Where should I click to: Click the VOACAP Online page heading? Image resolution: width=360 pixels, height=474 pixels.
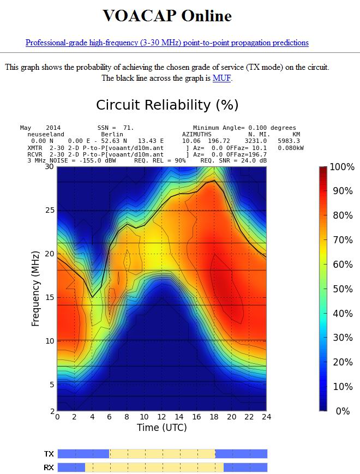(167, 16)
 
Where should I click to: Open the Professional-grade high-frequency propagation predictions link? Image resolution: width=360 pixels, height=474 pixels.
(167, 43)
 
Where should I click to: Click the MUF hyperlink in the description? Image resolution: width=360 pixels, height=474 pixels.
(222, 78)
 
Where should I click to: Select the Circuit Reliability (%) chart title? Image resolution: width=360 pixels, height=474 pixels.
(167, 105)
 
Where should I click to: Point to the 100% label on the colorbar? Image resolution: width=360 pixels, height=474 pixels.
(342, 167)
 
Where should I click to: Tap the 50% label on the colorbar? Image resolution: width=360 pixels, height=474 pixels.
(342, 289)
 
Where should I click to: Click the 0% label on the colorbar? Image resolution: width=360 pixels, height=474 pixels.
(342, 411)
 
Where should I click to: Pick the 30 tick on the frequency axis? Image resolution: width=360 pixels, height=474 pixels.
(49, 167)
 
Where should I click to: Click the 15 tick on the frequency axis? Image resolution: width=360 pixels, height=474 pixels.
(49, 297)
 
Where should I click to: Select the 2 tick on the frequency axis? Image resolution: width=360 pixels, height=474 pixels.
(51, 411)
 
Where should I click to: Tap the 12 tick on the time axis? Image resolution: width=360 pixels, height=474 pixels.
(161, 417)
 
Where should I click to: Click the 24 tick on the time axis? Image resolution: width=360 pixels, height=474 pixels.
(266, 417)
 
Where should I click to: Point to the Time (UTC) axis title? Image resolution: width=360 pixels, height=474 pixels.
(161, 428)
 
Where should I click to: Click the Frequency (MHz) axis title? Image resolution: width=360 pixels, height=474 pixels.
(36, 289)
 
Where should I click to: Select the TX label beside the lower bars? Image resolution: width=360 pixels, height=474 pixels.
(49, 454)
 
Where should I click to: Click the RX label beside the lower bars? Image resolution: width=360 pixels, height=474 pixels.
(49, 468)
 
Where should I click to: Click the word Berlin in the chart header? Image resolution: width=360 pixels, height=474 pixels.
(112, 134)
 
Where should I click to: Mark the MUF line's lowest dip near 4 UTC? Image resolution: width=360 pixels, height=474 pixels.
(93, 297)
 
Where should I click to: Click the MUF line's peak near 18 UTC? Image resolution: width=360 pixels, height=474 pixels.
(214, 181)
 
